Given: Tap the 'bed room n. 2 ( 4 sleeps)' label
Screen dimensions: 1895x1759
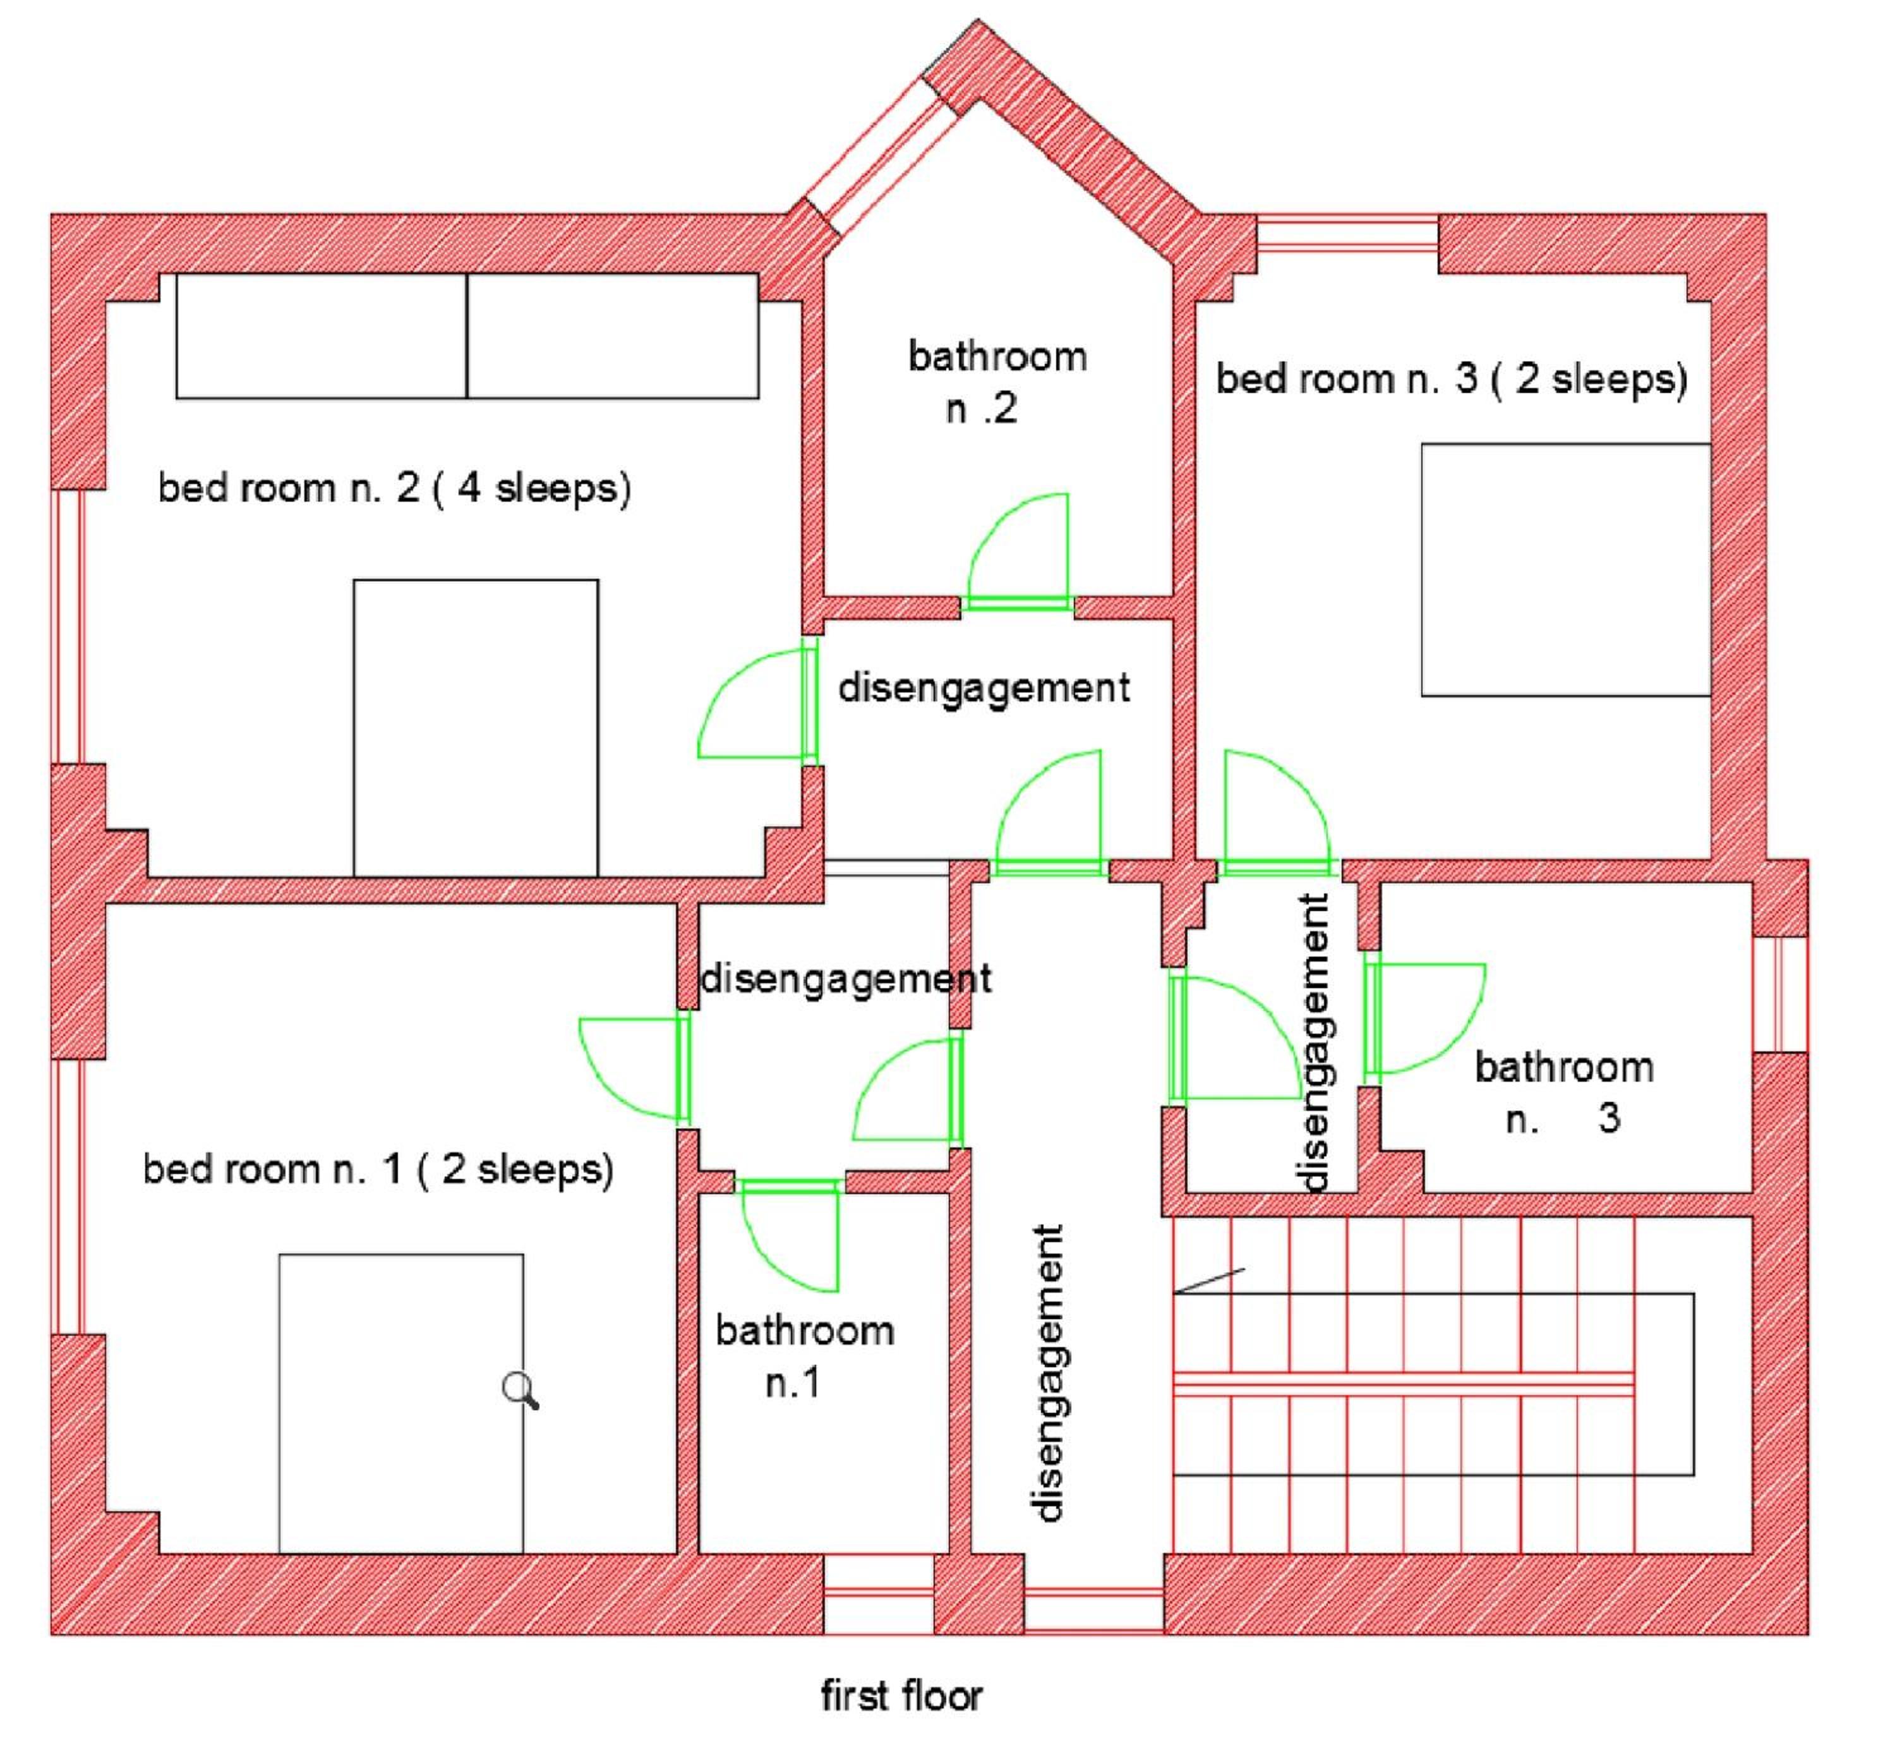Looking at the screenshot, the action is click(x=394, y=488).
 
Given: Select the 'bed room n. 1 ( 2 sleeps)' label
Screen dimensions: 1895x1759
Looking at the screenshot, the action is click(x=378, y=1169).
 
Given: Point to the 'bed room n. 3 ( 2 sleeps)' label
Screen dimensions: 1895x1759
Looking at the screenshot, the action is click(x=1452, y=379).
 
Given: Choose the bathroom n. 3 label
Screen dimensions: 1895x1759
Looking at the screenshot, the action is click(x=1564, y=1092).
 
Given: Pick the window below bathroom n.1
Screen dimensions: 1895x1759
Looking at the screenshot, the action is click(x=877, y=1594).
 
